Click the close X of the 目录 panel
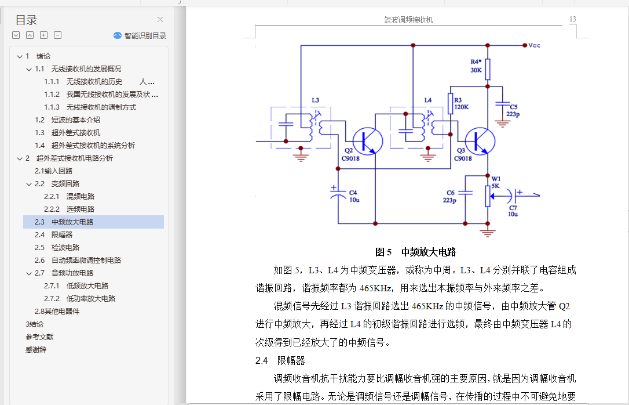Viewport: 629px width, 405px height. pyautogui.click(x=160, y=20)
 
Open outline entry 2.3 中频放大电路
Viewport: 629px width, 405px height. pyautogui.click(x=72, y=222)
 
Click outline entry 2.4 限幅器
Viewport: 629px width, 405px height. pyautogui.click(x=61, y=234)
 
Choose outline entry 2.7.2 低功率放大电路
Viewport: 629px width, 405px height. pyautogui.click(x=90, y=298)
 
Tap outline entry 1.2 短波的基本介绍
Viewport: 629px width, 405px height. pyautogui.click(x=75, y=120)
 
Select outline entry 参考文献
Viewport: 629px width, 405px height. pyautogui.click(x=39, y=337)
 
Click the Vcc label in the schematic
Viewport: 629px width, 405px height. pyautogui.click(x=535, y=45)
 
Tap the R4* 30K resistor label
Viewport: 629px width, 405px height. pyautogui.click(x=476, y=66)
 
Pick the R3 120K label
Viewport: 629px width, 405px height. pyautogui.click(x=462, y=103)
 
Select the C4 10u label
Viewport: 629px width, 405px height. pyautogui.click(x=353, y=196)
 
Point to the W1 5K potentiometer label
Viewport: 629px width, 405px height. pyautogui.click(x=496, y=182)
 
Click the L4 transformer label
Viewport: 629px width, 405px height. pyautogui.click(x=428, y=100)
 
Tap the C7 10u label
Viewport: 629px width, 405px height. pyautogui.click(x=513, y=211)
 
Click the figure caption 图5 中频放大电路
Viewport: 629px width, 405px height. pyautogui.click(x=415, y=252)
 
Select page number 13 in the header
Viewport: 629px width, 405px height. pyautogui.click(x=572, y=19)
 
